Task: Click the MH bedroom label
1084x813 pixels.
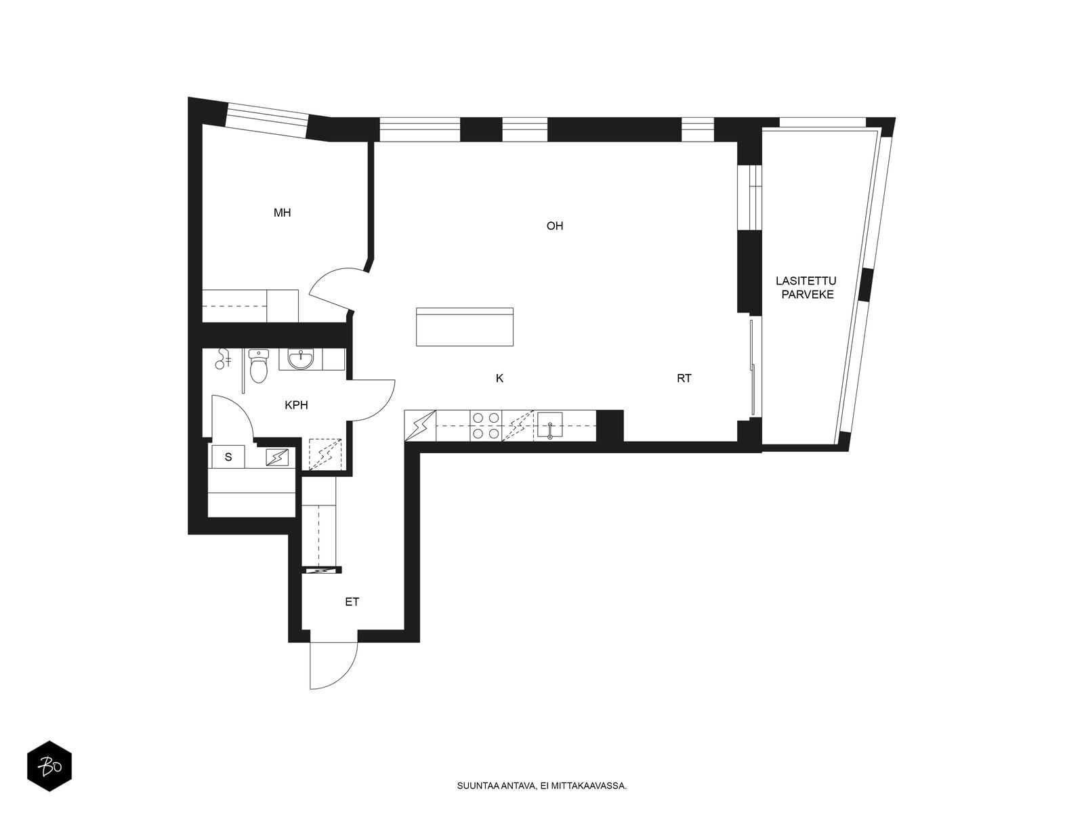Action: click(x=282, y=213)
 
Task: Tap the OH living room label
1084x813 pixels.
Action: click(x=555, y=226)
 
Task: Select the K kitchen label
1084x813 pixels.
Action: click(x=499, y=379)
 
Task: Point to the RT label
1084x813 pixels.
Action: click(x=684, y=379)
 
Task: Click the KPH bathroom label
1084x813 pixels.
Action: click(x=296, y=405)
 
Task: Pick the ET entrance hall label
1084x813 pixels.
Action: click(x=352, y=602)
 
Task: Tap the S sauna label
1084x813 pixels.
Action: click(x=228, y=457)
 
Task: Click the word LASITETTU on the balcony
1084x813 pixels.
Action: click(x=806, y=281)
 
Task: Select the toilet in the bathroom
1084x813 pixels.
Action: click(x=258, y=366)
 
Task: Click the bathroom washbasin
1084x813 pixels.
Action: click(x=300, y=360)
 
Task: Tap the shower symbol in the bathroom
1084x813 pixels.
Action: click(x=223, y=359)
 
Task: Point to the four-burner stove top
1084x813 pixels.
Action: click(x=486, y=425)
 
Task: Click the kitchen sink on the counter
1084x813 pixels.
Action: click(x=549, y=425)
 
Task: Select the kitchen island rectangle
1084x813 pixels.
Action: click(x=465, y=327)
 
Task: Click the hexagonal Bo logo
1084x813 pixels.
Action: click(x=49, y=766)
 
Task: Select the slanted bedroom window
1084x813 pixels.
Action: click(x=267, y=121)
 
